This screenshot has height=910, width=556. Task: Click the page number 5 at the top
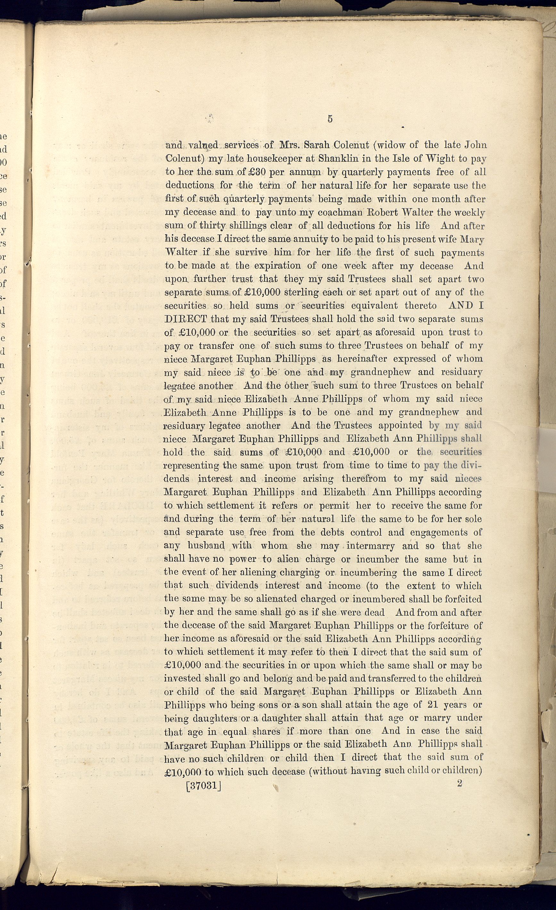(330, 119)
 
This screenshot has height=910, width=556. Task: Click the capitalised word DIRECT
(185, 319)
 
